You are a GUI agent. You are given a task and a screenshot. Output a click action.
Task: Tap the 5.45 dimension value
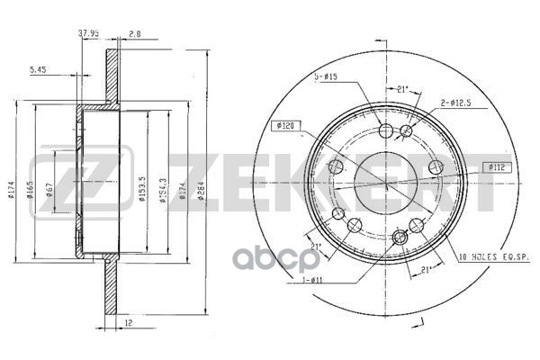(38, 68)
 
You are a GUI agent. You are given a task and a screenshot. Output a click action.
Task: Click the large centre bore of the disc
(382, 184)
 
